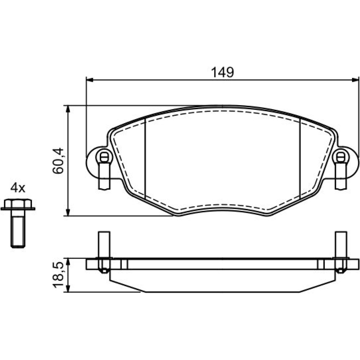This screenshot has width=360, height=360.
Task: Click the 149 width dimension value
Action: click(x=222, y=72)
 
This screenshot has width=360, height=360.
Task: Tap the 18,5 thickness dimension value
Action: click(x=58, y=275)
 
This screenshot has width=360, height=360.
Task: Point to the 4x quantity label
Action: click(x=18, y=188)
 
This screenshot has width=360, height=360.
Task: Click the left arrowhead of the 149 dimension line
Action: click(x=90, y=80)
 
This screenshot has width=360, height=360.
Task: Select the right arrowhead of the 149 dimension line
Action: click(x=355, y=80)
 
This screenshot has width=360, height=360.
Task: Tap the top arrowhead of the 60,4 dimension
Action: click(x=68, y=109)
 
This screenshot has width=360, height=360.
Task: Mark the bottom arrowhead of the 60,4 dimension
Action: click(x=68, y=212)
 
